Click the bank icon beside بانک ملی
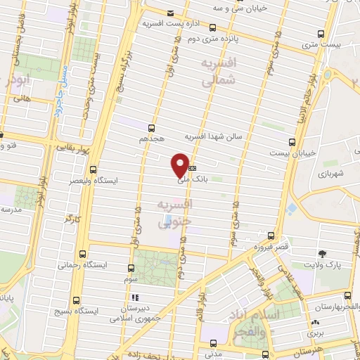(x=192, y=168)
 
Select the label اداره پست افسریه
(x=169, y=24)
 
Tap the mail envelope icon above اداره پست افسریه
(x=170, y=13)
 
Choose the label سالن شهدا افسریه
(x=212, y=136)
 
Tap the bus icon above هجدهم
(x=151, y=128)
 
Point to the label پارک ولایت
(x=323, y=265)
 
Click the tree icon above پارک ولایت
(x=323, y=253)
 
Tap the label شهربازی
(x=330, y=172)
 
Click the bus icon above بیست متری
(x=321, y=34)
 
